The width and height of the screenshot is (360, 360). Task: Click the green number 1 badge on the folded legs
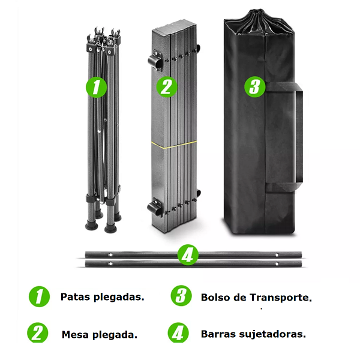[97, 87]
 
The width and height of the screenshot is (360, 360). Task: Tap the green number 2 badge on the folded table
[167, 86]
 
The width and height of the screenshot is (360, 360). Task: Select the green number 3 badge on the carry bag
[255, 86]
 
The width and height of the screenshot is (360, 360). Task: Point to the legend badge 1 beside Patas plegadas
[39, 296]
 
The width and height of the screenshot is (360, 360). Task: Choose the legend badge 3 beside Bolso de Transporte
[180, 296]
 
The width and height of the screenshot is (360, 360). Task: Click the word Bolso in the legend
[215, 297]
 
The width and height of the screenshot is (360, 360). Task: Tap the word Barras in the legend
[218, 334]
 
